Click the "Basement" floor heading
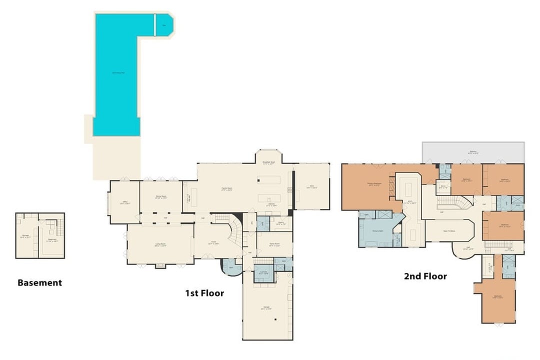[x=39, y=282]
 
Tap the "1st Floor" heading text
[x=204, y=293]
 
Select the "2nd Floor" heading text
[x=425, y=276]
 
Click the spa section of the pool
[x=164, y=24]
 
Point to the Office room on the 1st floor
[x=124, y=202]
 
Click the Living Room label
[x=160, y=244]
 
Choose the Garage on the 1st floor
[x=266, y=308]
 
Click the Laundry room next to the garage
[x=263, y=273]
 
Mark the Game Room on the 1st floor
[x=273, y=244]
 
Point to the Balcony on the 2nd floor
[x=473, y=152]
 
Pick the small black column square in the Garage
[x=275, y=320]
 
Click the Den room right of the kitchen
[x=311, y=187]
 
